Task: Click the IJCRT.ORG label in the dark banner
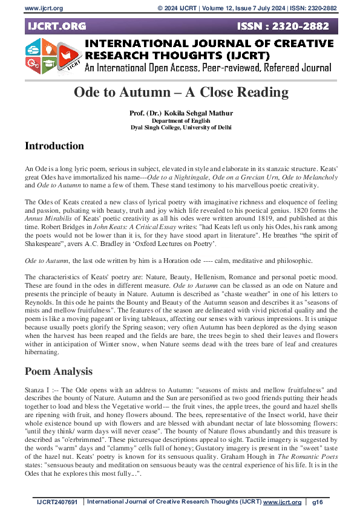click(x=56, y=26)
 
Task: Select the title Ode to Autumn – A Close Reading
click(x=181, y=92)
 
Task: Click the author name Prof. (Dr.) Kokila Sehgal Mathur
click(x=181, y=114)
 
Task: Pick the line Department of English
click(x=181, y=120)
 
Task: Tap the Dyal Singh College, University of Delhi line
click(x=181, y=127)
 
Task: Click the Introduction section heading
click(x=54, y=146)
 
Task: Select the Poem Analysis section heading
click(x=58, y=371)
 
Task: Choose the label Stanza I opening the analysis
click(x=37, y=391)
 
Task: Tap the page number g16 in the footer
click(x=318, y=502)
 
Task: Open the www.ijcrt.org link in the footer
click(x=282, y=502)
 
